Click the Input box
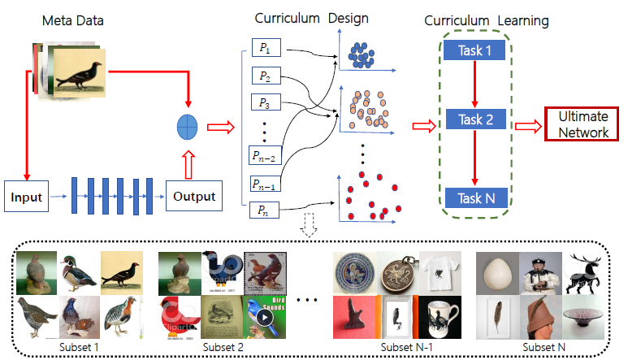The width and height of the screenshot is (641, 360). (27, 196)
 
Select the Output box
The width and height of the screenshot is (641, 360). (194, 196)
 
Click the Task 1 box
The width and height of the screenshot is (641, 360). (475, 51)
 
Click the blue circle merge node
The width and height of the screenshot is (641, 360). (188, 127)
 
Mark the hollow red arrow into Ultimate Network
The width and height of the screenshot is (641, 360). (528, 124)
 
